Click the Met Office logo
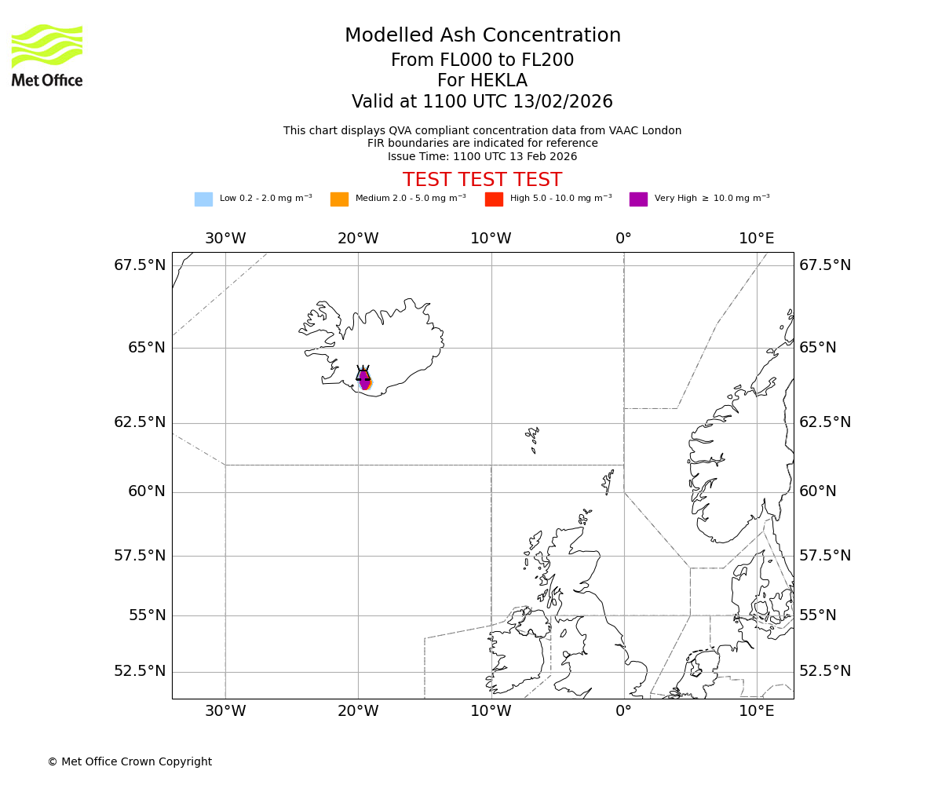tap(47, 55)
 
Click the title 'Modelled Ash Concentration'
tap(482, 36)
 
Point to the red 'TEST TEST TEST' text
tap(482, 180)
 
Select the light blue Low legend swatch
tap(203, 199)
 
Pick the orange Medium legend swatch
tap(339, 199)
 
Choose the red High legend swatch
tap(494, 199)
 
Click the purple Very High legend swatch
tap(638, 199)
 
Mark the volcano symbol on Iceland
tap(363, 374)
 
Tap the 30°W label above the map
tap(225, 238)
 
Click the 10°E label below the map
tap(756, 711)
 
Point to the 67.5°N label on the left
tap(140, 265)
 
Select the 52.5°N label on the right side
tap(824, 671)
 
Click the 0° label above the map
tap(623, 238)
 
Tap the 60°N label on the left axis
tap(147, 491)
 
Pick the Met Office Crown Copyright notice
tap(130, 761)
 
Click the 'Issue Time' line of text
tap(482, 156)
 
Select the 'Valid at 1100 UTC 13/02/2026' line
tap(482, 102)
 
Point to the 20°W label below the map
tap(358, 711)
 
